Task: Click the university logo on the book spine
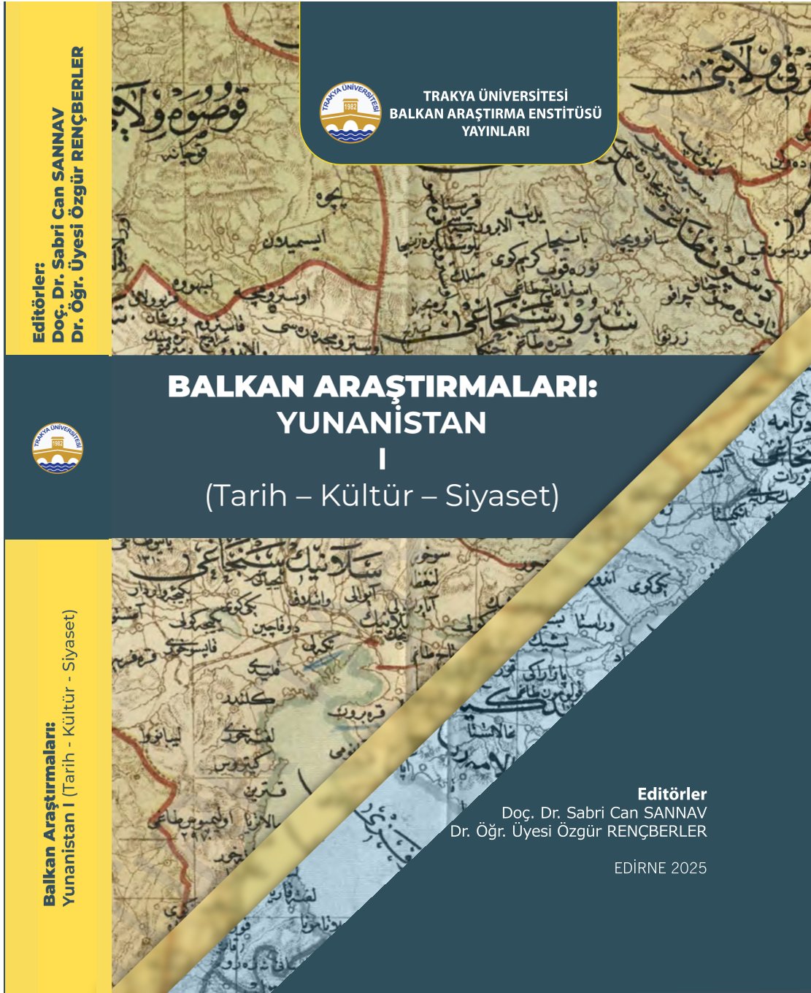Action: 58,448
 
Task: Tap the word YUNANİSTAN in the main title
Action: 382,423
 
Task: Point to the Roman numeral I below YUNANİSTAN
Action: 381,460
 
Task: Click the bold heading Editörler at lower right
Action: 672,794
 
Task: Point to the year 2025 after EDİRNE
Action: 690,868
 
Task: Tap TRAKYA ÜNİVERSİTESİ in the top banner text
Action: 496,96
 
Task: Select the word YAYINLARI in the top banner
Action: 496,131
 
